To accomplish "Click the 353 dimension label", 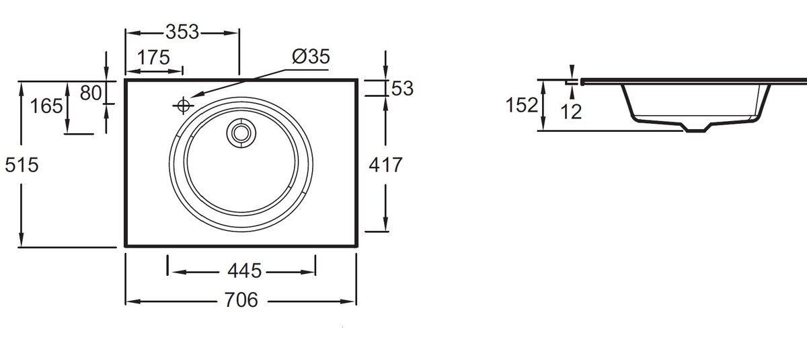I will [x=182, y=32].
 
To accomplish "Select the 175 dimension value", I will [x=153, y=58].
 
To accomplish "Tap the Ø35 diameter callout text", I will [x=311, y=57].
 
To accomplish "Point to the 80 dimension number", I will [x=90, y=92].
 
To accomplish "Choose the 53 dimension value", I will [x=402, y=88].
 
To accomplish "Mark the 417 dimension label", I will [x=385, y=165].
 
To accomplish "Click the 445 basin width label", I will [x=243, y=271].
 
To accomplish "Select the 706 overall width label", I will [x=241, y=301].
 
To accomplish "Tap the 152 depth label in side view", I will [x=523, y=106].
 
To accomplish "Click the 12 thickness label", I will [x=570, y=112].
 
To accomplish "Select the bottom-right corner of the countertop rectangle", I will [x=357, y=246].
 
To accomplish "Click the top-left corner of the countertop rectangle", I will [x=126, y=80].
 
